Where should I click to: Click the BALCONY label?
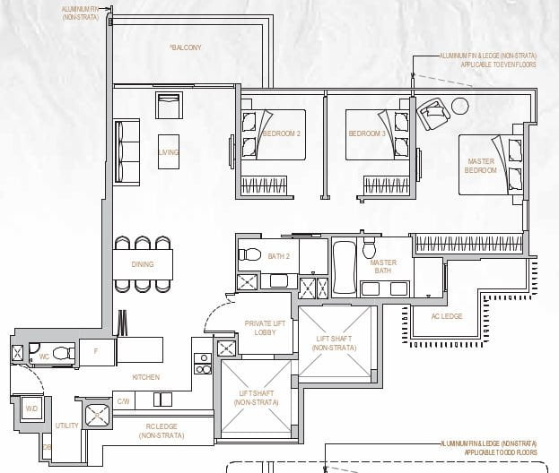(x=186, y=47)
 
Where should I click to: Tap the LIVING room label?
(x=169, y=152)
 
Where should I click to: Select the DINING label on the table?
(x=142, y=264)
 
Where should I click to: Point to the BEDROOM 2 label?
(x=281, y=134)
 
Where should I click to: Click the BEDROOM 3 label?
(x=367, y=134)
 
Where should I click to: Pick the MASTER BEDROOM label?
(x=481, y=166)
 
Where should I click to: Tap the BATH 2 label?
(x=279, y=257)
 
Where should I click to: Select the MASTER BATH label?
(x=383, y=266)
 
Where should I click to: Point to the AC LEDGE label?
(x=447, y=316)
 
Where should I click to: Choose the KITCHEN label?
(x=145, y=377)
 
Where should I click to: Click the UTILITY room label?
(x=66, y=426)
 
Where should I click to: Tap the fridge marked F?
(x=96, y=351)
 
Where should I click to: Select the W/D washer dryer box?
(x=31, y=408)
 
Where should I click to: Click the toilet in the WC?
(x=60, y=353)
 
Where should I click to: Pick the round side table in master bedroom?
(x=459, y=106)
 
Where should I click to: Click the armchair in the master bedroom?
(x=432, y=111)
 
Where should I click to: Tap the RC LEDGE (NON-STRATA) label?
(x=162, y=431)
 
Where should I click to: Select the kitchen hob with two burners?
(x=203, y=363)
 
